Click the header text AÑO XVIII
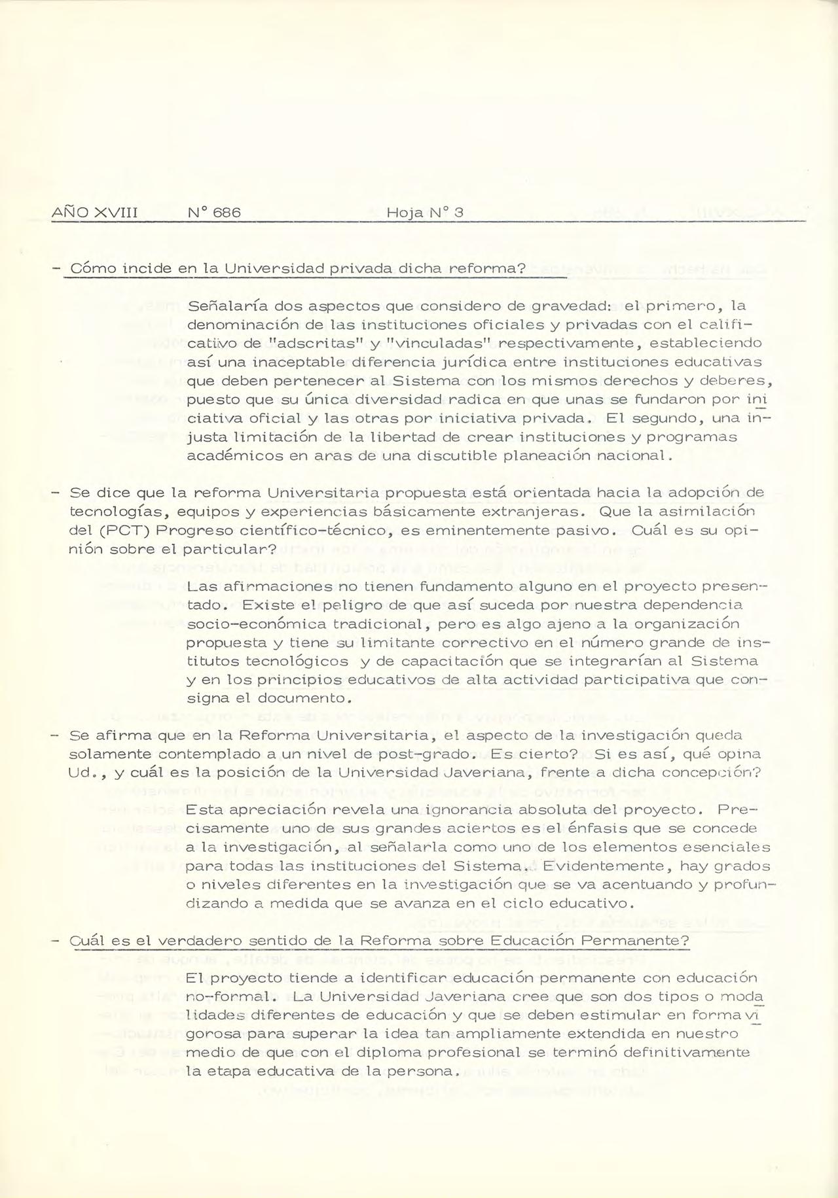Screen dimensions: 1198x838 94,213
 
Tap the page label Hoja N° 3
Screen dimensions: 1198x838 425,213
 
